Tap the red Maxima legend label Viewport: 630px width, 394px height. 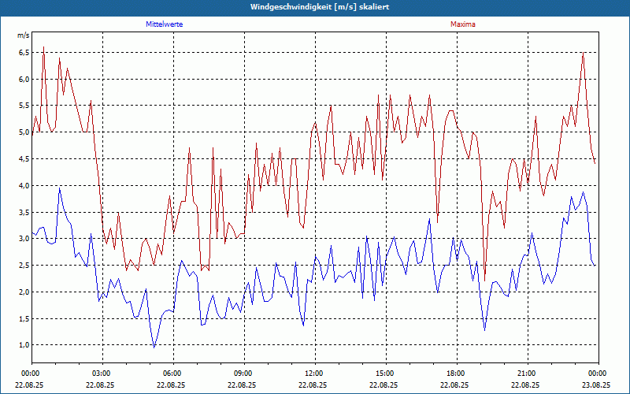tap(462, 24)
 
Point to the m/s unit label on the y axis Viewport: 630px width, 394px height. tap(23, 35)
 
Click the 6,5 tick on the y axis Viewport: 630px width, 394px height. tap(24, 53)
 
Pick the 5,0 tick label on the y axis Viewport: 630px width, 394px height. tap(24, 132)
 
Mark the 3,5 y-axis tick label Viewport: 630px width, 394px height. tap(24, 213)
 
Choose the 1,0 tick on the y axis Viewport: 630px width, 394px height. tap(24, 345)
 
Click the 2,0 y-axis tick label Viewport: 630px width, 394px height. tap(24, 292)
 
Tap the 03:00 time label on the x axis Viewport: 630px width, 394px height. tap(101, 374)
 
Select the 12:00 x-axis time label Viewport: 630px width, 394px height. tap(313, 374)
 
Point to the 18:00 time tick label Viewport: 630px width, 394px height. tap(455, 374)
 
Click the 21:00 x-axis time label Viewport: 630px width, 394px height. tap(526, 374)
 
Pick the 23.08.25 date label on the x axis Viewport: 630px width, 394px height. tap(597, 385)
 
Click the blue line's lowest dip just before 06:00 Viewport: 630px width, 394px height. tap(154, 347)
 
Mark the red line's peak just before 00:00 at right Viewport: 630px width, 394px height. tap(583, 53)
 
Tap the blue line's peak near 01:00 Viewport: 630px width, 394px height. tap(59, 188)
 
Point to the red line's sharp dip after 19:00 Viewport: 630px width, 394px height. tap(485, 275)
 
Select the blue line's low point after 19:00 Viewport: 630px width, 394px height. tap(485, 329)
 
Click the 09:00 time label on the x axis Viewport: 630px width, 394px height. tap(243, 374)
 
